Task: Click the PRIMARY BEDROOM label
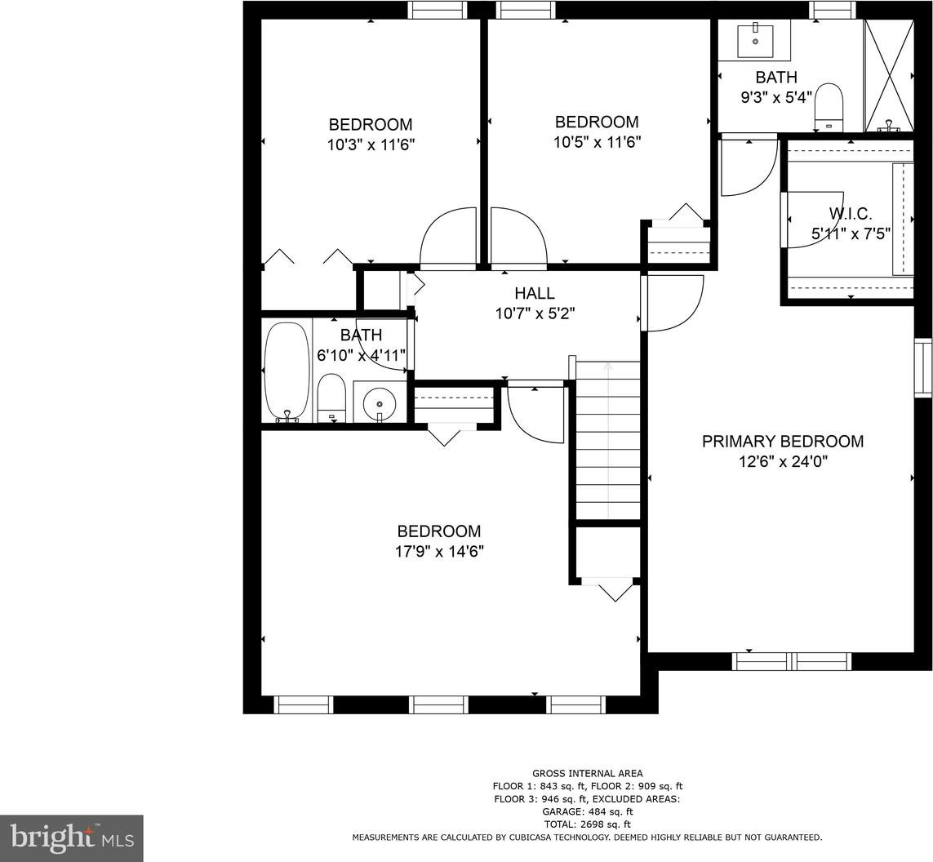[x=783, y=442]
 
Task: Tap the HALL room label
[x=535, y=293]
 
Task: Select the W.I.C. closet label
[x=851, y=214]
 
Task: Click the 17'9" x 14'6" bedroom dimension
[x=439, y=552]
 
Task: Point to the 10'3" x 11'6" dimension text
[x=371, y=144]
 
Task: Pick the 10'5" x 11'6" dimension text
[x=597, y=142]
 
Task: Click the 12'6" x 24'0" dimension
[x=783, y=462]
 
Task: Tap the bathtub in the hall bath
[x=287, y=372]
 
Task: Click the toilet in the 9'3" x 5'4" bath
[x=829, y=107]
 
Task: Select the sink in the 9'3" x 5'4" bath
[x=755, y=40]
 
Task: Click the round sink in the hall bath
[x=379, y=402]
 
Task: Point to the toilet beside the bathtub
[x=331, y=398]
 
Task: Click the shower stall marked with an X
[x=888, y=76]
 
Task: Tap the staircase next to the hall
[x=607, y=440]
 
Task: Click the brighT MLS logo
[x=71, y=838]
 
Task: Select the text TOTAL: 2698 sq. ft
[x=587, y=824]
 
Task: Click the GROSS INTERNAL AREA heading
[x=587, y=773]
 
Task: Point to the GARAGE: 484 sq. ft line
[x=587, y=811]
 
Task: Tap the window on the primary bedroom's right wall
[x=923, y=367]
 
